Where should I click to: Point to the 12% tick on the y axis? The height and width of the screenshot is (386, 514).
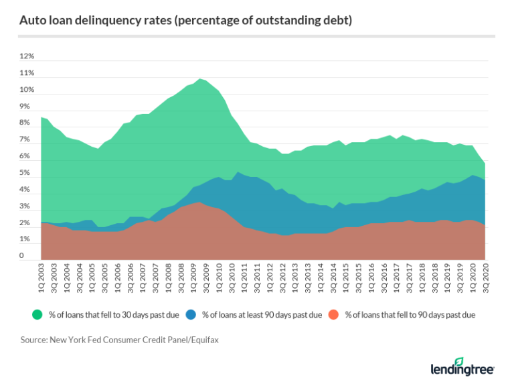click(x=26, y=56)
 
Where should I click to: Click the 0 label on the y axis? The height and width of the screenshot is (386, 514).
click(x=22, y=256)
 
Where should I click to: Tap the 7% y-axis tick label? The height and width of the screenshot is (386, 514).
click(x=25, y=139)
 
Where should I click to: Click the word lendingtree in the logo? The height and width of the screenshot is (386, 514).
click(x=458, y=371)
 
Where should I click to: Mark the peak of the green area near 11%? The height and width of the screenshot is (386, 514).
click(x=201, y=79)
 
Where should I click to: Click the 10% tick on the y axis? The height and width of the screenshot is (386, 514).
click(x=26, y=90)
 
